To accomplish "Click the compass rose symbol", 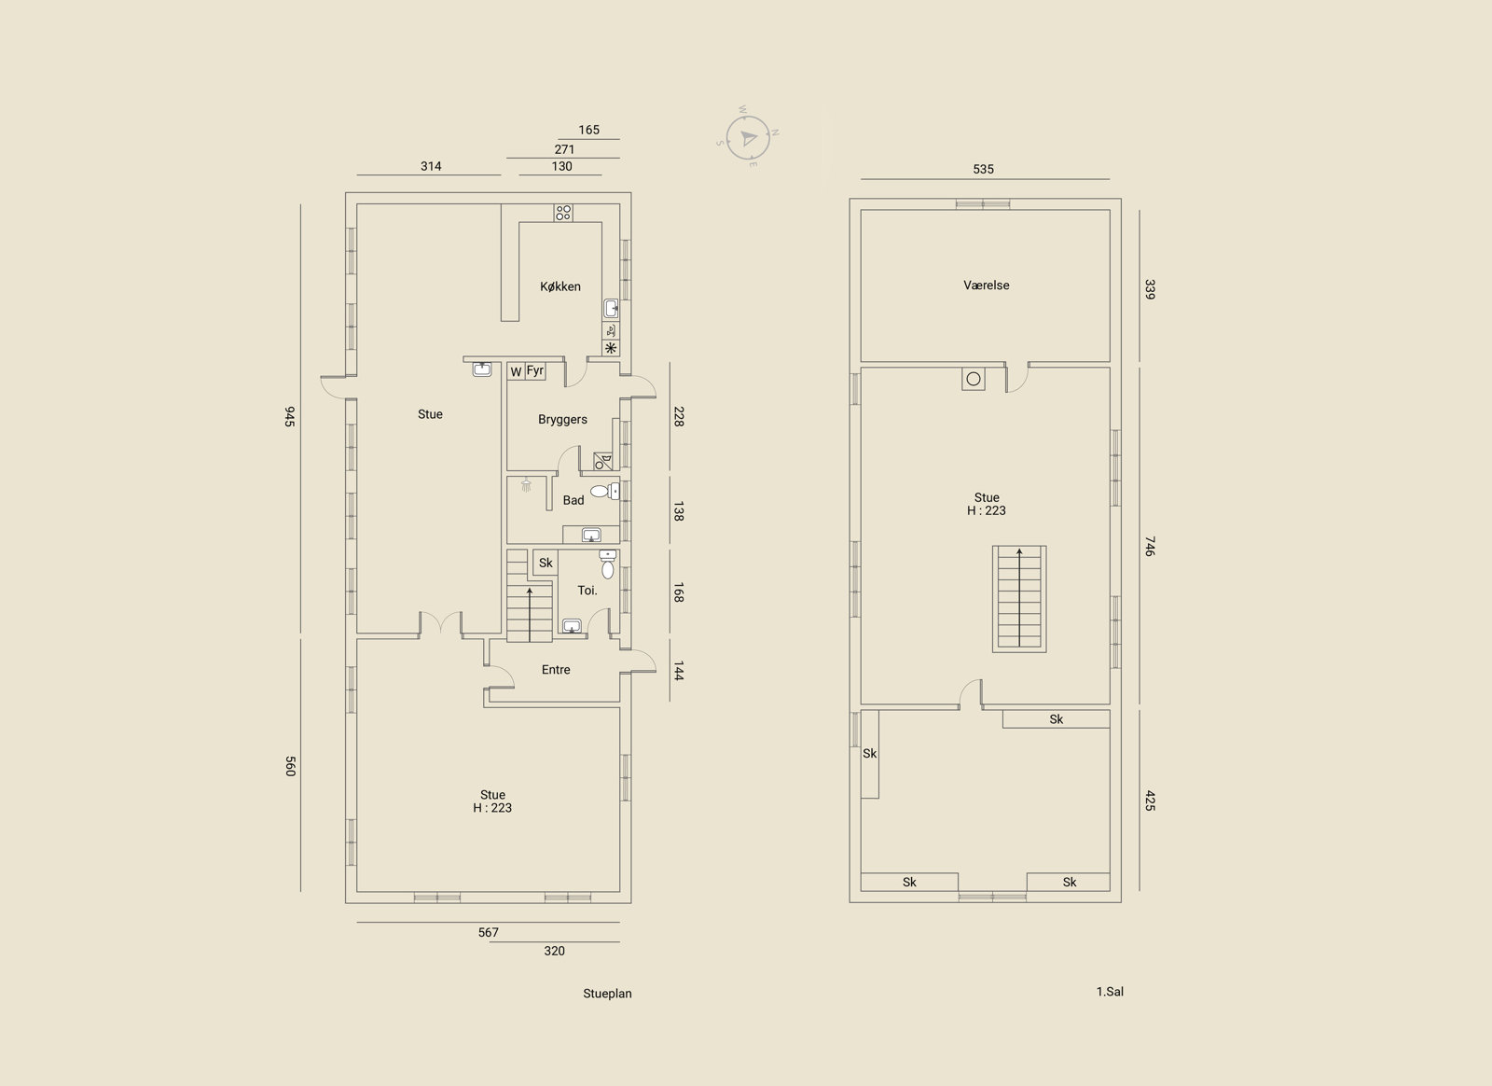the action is click(x=748, y=138).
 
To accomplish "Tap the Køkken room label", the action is click(x=560, y=286).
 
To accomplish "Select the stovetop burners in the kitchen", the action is click(x=563, y=213).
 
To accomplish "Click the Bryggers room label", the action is click(x=563, y=420).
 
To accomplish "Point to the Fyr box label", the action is click(x=535, y=370).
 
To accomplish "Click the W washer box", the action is click(x=517, y=371).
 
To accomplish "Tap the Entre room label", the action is click(x=556, y=670).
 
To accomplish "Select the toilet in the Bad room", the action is click(x=605, y=492).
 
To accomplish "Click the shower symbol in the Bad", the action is click(x=526, y=484).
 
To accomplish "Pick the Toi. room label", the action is click(x=587, y=591).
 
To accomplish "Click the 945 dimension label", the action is click(x=289, y=416).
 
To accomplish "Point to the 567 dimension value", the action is click(x=489, y=932).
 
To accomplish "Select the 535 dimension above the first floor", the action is click(x=983, y=169).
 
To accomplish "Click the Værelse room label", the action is click(x=987, y=285).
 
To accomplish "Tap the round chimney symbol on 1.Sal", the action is click(x=974, y=379).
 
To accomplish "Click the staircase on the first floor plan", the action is click(x=1019, y=599).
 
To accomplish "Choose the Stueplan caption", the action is click(x=607, y=994).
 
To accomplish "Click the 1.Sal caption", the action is click(x=1110, y=992).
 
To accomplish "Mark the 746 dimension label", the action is click(x=1150, y=546).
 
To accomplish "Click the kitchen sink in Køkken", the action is click(x=611, y=309).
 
